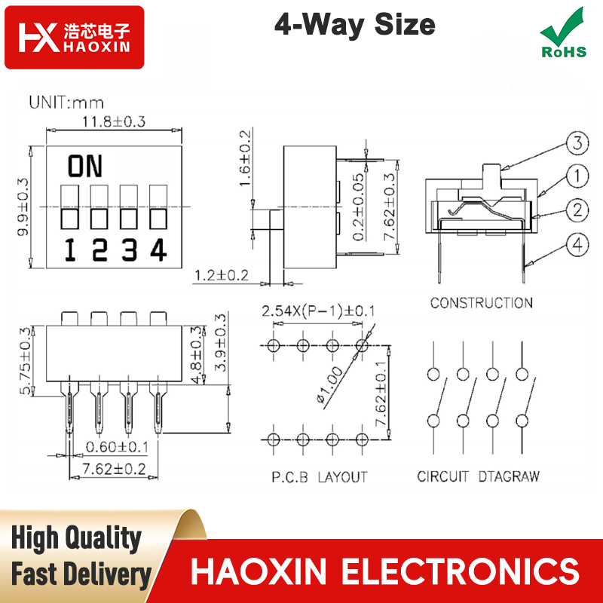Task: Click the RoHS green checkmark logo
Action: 563,32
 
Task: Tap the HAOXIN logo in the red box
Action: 74,37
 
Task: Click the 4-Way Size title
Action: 354,25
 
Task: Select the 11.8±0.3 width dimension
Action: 114,121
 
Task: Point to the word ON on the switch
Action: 85,166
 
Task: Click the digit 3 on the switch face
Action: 129,250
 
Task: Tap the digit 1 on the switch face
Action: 70,250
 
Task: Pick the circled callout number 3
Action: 577,143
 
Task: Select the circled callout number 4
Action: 577,245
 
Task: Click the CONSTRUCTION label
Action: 482,303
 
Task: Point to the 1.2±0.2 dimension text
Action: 222,275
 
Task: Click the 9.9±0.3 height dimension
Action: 23,207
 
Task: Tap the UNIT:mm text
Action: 66,103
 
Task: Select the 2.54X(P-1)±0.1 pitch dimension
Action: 318,311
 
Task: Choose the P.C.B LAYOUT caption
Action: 320,477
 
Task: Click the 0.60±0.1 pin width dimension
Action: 117,447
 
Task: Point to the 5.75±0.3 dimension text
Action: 26,361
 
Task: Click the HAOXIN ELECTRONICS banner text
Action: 385,571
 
